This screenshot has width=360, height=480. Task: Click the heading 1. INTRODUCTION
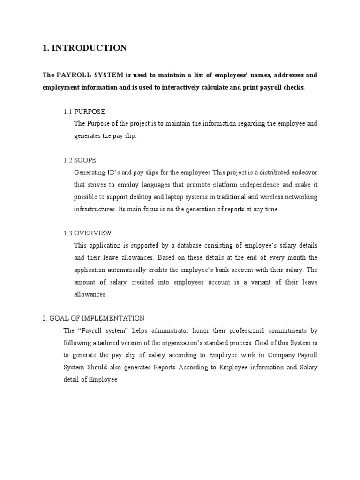(84, 48)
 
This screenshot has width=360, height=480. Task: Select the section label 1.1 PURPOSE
(84, 112)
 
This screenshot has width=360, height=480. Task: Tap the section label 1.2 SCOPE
(80, 160)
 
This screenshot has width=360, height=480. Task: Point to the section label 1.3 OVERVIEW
(88, 233)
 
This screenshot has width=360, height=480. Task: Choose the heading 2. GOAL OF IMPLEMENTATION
(93, 318)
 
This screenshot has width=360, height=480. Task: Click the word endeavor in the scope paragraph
(302, 172)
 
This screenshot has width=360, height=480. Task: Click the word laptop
(177, 197)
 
